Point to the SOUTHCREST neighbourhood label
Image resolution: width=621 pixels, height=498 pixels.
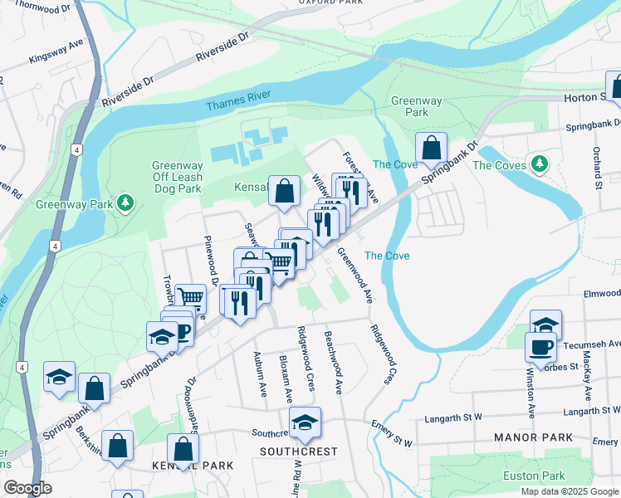(x=299, y=452)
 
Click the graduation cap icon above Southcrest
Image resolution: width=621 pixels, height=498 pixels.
(x=305, y=424)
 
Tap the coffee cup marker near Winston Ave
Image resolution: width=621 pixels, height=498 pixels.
(x=540, y=346)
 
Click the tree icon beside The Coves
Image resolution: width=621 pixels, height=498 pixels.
(x=540, y=164)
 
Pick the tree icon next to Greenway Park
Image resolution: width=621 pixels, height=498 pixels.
(x=125, y=203)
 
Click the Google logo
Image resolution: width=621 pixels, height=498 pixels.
(x=27, y=488)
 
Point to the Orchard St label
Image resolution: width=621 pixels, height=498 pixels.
(x=597, y=165)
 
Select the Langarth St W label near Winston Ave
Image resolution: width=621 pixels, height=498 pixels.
(x=592, y=411)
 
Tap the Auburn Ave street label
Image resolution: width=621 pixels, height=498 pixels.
(x=258, y=374)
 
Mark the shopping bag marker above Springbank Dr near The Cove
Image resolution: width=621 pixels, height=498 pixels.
(x=431, y=149)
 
